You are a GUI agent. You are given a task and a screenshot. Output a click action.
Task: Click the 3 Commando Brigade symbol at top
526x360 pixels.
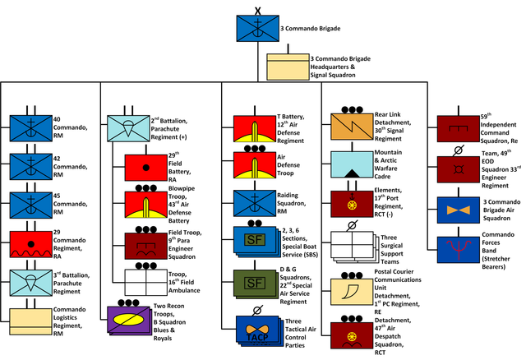pyautogui.click(x=257, y=28)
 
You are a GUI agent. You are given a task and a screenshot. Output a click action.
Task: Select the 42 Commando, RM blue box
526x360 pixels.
pyautogui.click(x=31, y=166)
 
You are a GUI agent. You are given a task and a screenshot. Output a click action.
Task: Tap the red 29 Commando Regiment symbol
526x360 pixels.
pyautogui.click(x=31, y=244)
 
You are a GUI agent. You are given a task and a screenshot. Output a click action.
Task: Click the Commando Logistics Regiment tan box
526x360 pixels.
pyautogui.click(x=31, y=321)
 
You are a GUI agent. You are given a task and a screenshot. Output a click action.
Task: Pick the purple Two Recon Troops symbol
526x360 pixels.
pyautogui.click(x=128, y=320)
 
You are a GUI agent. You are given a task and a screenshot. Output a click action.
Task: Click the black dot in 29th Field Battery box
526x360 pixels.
pyautogui.click(x=146, y=168)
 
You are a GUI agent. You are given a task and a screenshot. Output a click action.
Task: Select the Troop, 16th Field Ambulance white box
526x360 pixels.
pyautogui.click(x=146, y=282)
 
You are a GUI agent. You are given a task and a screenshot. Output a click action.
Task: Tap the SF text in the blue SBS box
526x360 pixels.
pyautogui.click(x=255, y=239)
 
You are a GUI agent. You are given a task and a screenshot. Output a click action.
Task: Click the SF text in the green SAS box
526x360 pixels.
pyautogui.click(x=255, y=284)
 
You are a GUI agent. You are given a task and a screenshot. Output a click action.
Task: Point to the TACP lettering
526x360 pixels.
pyautogui.click(x=257, y=337)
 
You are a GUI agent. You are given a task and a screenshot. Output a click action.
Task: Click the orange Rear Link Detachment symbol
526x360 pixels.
pyautogui.click(x=352, y=127)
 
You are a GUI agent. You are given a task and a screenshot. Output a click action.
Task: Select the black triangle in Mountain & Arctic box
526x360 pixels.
pyautogui.click(x=352, y=173)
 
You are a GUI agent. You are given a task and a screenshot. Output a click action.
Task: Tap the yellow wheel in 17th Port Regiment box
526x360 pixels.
pyautogui.click(x=352, y=205)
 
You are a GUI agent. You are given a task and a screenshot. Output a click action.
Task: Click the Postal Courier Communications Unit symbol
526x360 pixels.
pyautogui.click(x=352, y=292)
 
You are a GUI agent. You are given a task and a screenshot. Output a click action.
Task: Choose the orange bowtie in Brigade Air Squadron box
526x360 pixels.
pyautogui.click(x=459, y=210)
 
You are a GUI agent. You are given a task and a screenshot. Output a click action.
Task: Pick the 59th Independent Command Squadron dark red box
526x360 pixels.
pyautogui.click(x=459, y=129)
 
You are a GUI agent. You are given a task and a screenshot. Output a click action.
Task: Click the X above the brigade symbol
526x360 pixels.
pyautogui.click(x=257, y=11)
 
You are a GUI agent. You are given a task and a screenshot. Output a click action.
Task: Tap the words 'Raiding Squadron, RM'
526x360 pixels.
pyautogui.click(x=291, y=203)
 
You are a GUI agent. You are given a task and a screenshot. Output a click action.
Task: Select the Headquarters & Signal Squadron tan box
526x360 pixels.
pyautogui.click(x=288, y=67)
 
